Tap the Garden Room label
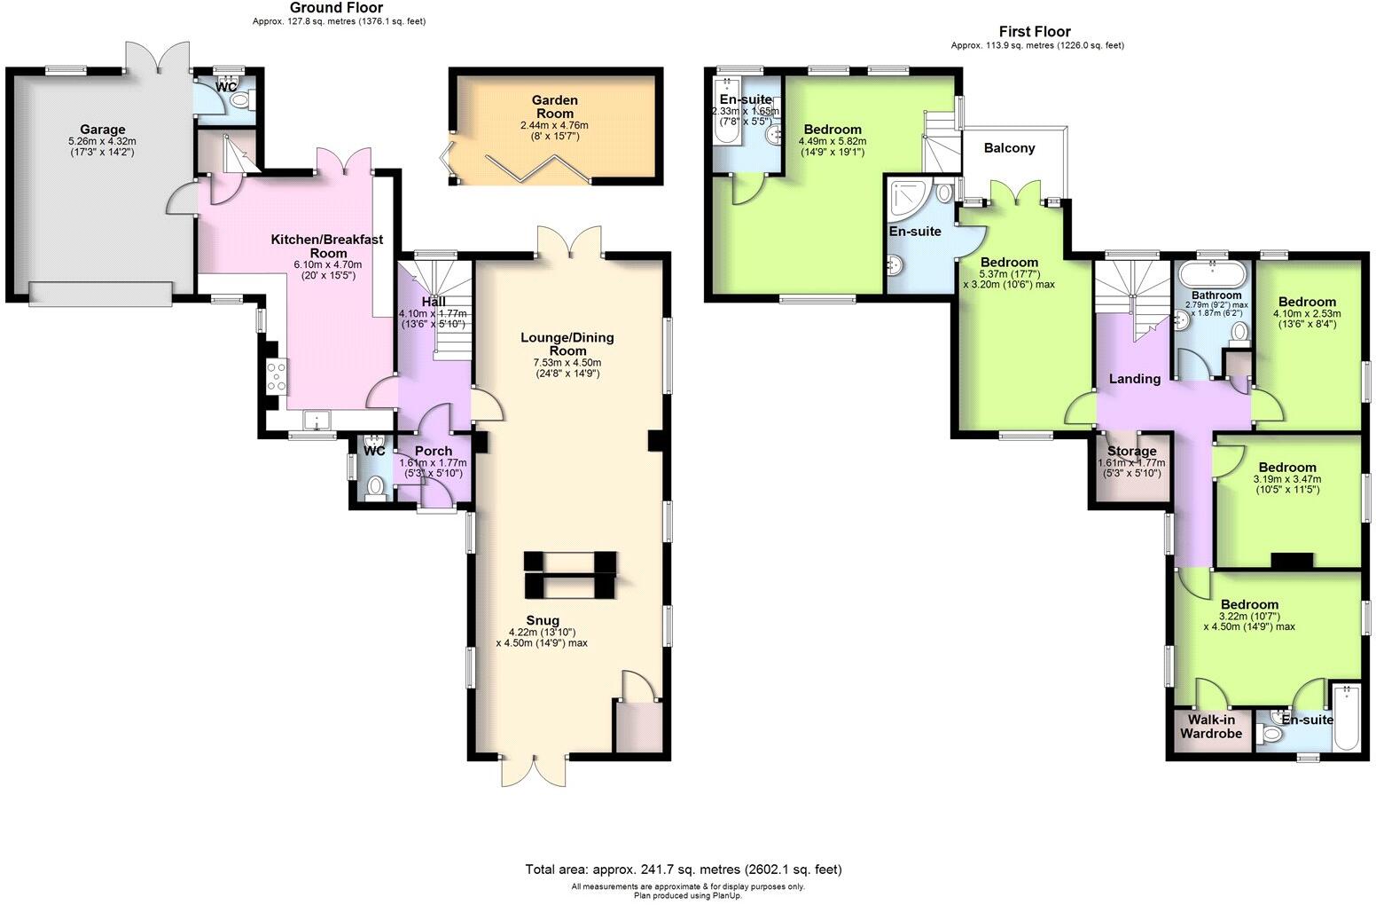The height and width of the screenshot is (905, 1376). pos(554,106)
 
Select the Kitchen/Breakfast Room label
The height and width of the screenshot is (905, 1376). pos(326,246)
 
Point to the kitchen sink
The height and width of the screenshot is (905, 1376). pos(316,419)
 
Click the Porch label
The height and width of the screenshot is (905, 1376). pos(433,451)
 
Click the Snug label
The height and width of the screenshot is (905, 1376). pos(543,620)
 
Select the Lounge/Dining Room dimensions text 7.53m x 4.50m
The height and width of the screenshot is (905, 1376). pos(567,362)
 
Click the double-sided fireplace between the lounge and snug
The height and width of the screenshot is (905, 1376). pos(569,574)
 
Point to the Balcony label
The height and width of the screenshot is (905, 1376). pos(1009,148)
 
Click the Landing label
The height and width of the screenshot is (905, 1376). pos(1135,379)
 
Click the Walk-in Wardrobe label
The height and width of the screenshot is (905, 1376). pos(1210,727)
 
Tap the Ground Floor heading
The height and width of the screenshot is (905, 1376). pos(336,8)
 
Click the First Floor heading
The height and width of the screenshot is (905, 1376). pos(1035,32)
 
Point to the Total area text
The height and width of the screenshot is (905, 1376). pos(683,870)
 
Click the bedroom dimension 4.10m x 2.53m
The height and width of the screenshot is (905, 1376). pos(1307,313)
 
